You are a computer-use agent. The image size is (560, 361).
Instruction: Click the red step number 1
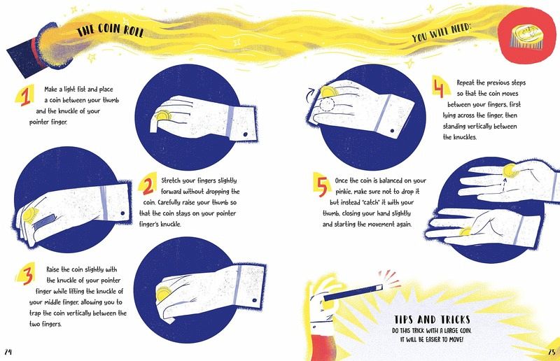coord(25,97)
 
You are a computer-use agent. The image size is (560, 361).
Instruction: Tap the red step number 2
coord(148,185)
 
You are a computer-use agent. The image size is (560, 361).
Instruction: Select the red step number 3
coord(27,274)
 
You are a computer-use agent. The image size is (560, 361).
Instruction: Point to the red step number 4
coord(439,88)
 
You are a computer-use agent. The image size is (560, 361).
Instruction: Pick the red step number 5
coord(322,186)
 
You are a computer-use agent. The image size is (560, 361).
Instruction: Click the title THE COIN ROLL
coord(110,31)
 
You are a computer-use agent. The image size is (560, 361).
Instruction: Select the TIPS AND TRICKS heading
coord(432,319)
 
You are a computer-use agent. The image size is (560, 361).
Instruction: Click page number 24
coord(8,352)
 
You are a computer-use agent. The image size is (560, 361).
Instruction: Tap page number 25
coord(552,352)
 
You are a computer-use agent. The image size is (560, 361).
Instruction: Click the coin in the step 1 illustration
coord(163,115)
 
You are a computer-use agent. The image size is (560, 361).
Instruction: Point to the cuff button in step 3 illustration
coord(255,300)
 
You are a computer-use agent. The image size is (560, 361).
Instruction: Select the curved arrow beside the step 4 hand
coord(309,94)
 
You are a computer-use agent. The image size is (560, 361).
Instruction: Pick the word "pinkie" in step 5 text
coord(344,192)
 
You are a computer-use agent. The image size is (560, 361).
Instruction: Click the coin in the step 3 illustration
coord(164,294)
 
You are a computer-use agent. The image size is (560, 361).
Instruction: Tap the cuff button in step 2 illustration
coord(122,213)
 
